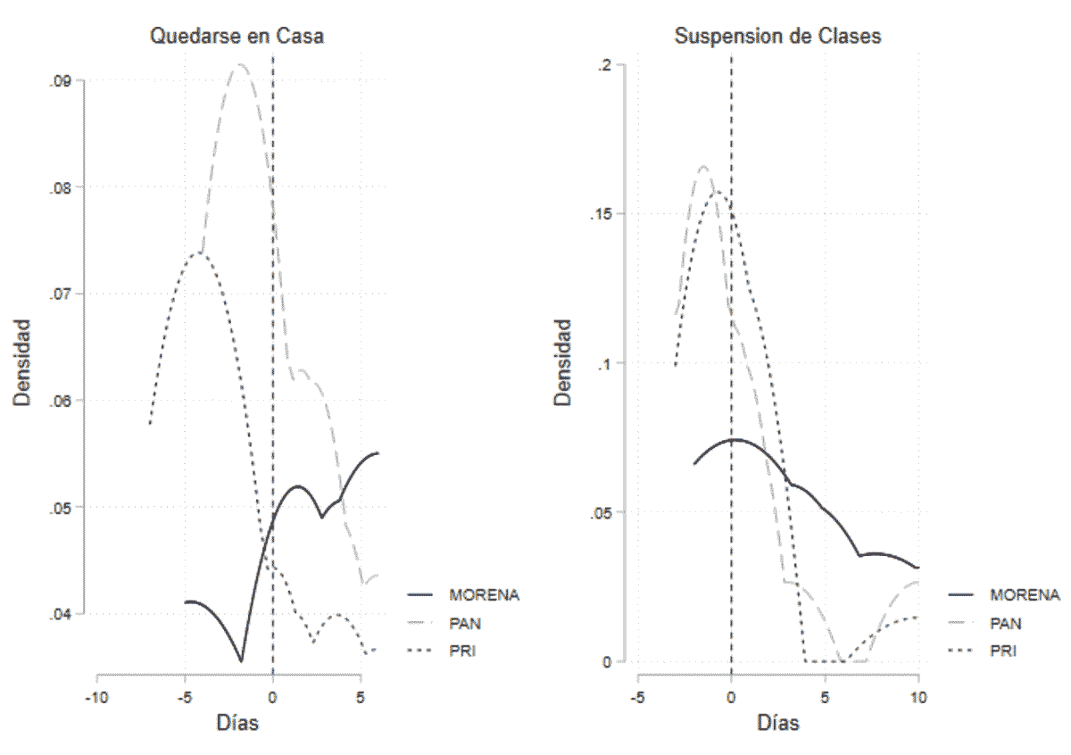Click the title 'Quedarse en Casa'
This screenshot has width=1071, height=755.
pyautogui.click(x=237, y=37)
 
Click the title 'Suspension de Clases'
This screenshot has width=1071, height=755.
pyautogui.click(x=777, y=37)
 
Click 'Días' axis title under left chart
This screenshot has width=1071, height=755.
pyautogui.click(x=237, y=723)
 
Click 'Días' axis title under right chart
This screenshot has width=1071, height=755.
pyautogui.click(x=777, y=723)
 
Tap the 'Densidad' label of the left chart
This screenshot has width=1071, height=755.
pyautogui.click(x=21, y=363)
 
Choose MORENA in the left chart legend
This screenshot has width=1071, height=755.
pyautogui.click(x=484, y=593)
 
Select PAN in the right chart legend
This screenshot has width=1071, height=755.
pyautogui.click(x=1006, y=623)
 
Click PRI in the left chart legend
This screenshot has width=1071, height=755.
pyautogui.click(x=462, y=651)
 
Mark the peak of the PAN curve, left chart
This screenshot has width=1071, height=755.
pyautogui.click(x=240, y=64)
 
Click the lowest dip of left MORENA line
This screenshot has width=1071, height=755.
pyautogui.click(x=240, y=661)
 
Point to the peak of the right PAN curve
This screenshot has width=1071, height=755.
pyautogui.click(x=703, y=166)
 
